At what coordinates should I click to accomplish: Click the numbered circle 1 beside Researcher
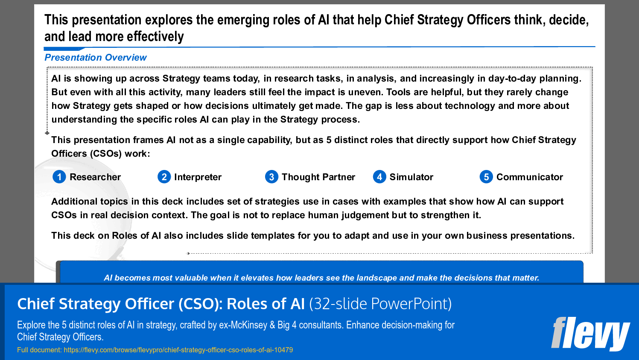59,177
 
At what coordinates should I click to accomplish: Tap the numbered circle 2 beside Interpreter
164,177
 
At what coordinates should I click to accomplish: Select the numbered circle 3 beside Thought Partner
271,177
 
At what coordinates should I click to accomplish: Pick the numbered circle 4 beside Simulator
379,177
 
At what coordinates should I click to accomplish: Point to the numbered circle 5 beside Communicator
486,177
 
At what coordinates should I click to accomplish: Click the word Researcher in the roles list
95,177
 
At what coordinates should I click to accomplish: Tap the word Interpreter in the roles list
198,177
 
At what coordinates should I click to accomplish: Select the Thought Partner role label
318,177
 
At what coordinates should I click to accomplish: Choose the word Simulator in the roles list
411,177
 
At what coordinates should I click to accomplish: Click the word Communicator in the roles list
530,177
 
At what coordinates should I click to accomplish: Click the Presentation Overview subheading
96,58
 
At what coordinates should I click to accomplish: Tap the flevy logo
590,334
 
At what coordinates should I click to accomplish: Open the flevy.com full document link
178,350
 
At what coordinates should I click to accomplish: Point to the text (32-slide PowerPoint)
380,304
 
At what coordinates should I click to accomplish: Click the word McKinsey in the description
249,325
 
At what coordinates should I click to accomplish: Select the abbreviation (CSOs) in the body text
105,154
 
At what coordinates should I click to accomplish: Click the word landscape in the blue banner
377,278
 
